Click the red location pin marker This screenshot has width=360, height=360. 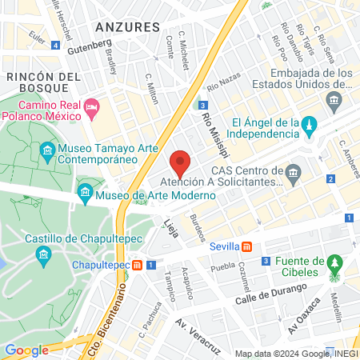181,162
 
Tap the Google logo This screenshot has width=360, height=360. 26,350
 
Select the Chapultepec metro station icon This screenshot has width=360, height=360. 138,265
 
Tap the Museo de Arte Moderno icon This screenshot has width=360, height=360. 86,193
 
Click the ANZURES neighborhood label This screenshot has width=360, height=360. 127,26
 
